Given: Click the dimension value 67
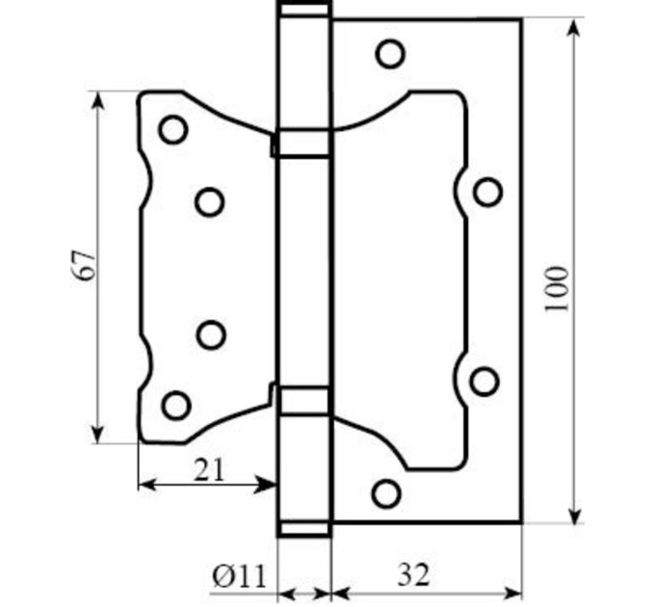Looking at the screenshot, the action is click(83, 266).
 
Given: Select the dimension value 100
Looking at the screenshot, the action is click(557, 288).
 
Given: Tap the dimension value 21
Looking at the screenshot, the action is click(209, 469).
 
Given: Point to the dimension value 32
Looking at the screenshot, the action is click(413, 575).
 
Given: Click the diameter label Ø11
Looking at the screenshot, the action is click(239, 576).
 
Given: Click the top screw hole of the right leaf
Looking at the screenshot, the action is click(390, 54).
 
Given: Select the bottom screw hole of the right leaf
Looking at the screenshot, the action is click(386, 493).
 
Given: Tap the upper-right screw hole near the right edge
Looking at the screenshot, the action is click(488, 192).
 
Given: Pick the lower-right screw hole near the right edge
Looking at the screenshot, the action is click(485, 382).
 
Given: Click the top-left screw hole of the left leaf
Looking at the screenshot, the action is click(173, 129).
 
